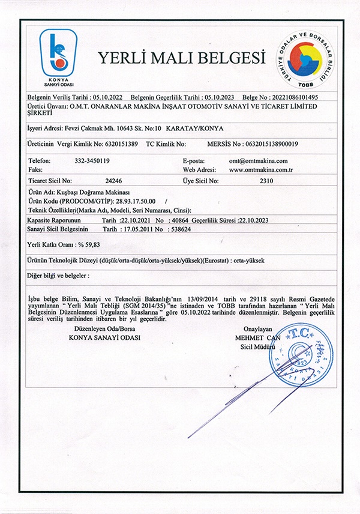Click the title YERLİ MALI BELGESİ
pyautogui.click(x=181, y=58)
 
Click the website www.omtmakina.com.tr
pyautogui.click(x=261, y=170)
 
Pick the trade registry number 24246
pyautogui.click(x=113, y=180)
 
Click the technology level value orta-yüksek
pyautogui.click(x=254, y=261)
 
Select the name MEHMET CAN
pyautogui.click(x=257, y=337)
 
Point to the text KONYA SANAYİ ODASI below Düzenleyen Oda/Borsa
pyautogui.click(x=104, y=338)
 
